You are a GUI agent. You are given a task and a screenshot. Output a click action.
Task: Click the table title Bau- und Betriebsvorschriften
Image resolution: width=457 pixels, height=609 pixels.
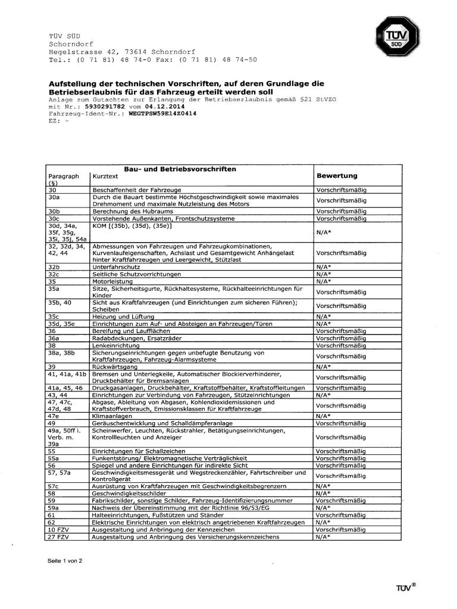pyautogui.click(x=180, y=169)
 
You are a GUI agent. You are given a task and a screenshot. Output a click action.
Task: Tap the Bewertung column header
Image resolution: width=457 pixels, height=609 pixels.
pyautogui.click(x=336, y=176)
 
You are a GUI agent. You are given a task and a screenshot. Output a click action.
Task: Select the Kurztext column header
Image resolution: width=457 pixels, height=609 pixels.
pyautogui.click(x=105, y=177)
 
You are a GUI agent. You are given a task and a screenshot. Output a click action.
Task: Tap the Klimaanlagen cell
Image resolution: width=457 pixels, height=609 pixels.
pyautogui.click(x=110, y=416)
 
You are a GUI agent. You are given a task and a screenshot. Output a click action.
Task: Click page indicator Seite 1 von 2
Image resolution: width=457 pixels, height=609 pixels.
pyautogui.click(x=65, y=560)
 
